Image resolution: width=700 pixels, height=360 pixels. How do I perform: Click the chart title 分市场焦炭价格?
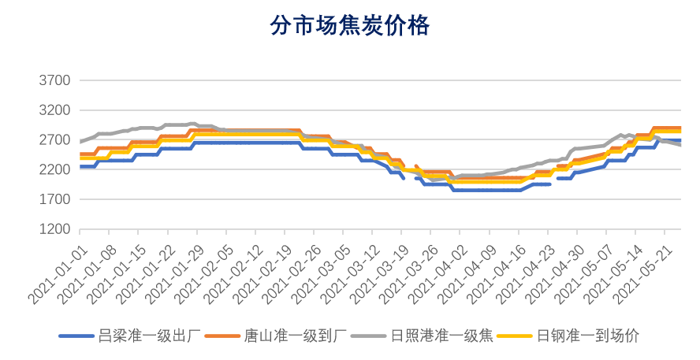349,27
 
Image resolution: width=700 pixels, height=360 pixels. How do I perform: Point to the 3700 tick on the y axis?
54,81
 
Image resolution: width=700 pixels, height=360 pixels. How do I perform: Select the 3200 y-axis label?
54,111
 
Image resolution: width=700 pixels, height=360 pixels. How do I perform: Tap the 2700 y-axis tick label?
54,140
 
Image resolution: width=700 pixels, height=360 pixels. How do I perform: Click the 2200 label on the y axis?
54,170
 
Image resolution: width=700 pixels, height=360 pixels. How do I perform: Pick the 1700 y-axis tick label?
54,200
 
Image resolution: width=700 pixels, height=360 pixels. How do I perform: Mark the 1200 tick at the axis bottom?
54,230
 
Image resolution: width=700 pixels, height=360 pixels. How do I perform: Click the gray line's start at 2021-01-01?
81,142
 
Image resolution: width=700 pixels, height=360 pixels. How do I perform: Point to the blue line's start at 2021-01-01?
81,167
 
